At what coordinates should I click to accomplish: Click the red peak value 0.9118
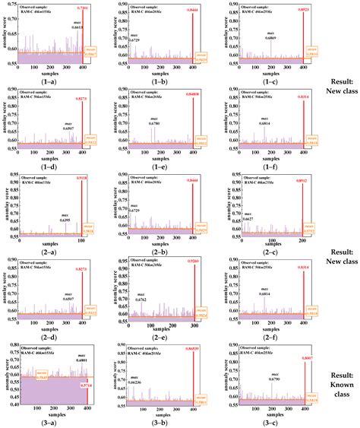point(82,180)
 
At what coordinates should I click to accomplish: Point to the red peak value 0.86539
point(193,347)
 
